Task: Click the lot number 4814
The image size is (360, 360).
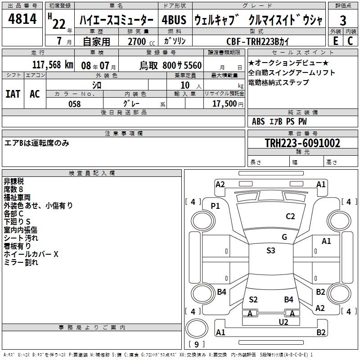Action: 22,20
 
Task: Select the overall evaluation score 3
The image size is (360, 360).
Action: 343,21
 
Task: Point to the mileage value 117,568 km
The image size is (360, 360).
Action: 53,65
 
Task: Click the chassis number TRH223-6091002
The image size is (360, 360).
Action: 302,143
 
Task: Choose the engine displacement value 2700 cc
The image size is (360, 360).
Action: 138,41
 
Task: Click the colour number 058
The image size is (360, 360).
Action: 74,103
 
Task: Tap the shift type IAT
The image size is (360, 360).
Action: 13,94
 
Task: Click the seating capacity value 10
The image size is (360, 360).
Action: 184,85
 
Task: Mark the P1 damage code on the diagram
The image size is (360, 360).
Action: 216,206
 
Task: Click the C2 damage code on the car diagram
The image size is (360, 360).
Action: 290,216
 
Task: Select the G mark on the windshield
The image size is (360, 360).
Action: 284,237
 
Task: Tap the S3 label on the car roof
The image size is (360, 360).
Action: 270,251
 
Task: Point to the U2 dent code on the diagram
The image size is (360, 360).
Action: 283,322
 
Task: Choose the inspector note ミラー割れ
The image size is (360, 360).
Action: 21,262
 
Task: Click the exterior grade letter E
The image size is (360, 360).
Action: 335,41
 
